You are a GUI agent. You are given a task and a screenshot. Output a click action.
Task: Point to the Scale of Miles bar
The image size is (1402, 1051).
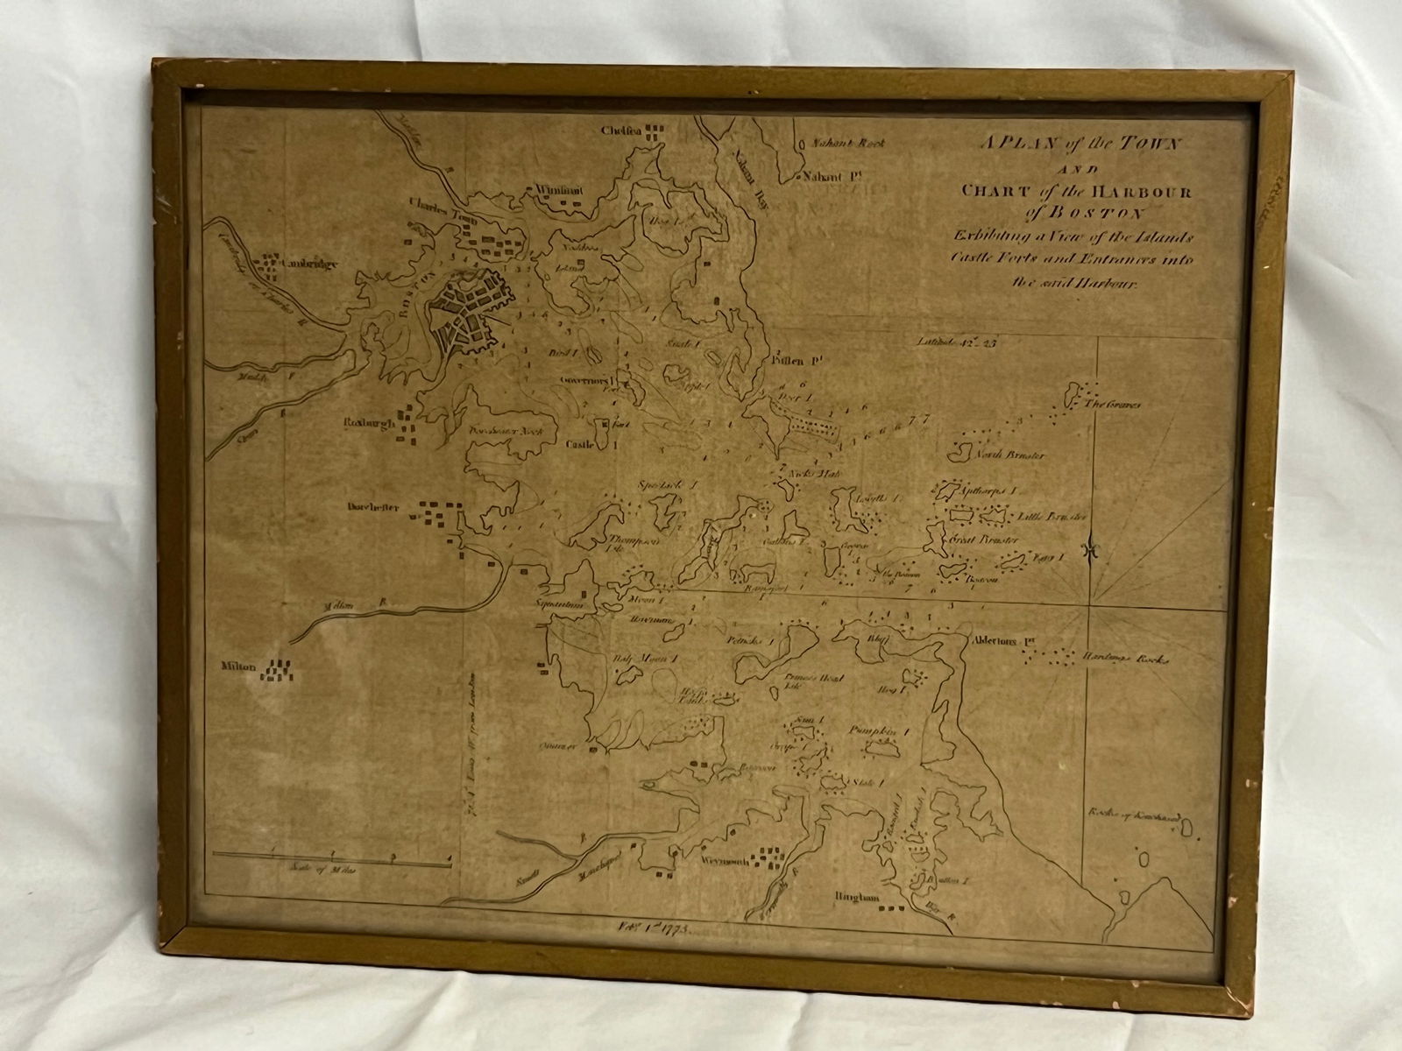click(333, 862)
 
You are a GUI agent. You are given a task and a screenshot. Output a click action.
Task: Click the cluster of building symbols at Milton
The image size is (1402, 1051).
click(281, 671)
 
